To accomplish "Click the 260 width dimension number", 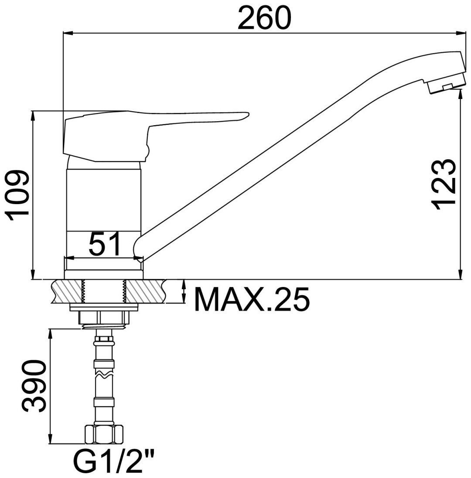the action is point(264,18).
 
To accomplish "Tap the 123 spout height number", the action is point(443,184).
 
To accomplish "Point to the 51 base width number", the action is point(105,244).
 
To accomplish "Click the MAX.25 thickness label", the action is point(252,299).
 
